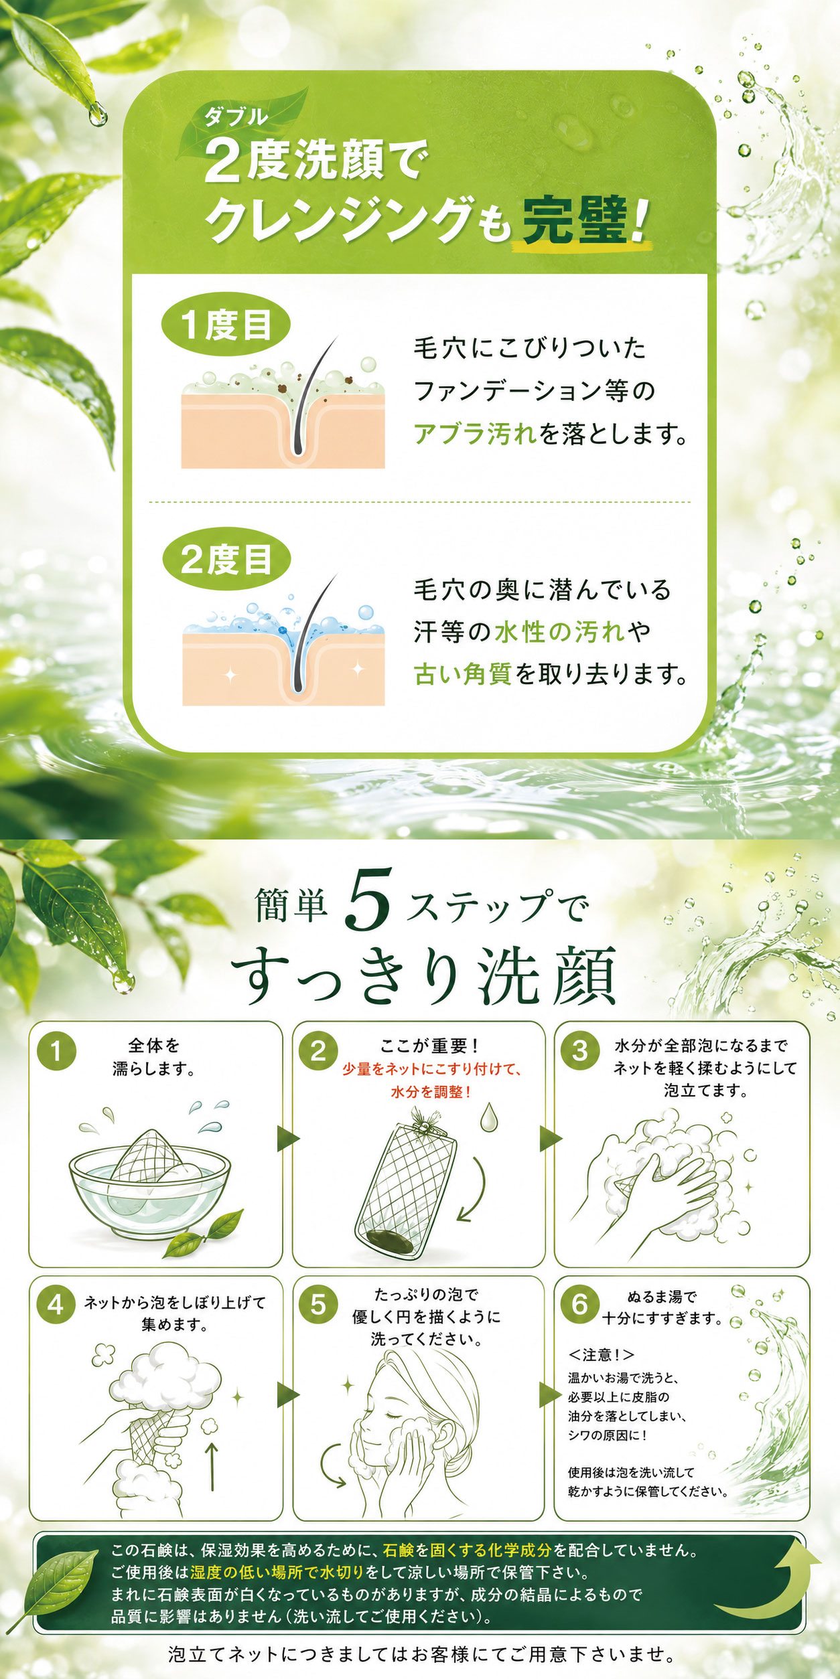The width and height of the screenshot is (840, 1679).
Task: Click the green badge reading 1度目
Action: point(226,325)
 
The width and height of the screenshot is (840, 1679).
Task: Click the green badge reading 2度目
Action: point(226,559)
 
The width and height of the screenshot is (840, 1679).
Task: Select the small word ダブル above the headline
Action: point(236,118)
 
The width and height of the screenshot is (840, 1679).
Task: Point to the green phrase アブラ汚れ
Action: point(475,434)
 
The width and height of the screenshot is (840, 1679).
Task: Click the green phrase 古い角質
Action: point(463,673)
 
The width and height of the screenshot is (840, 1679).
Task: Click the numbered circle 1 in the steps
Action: point(56,1050)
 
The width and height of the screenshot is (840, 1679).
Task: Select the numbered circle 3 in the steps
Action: point(580,1050)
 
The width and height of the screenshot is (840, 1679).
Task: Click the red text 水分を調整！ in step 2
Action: point(431,1092)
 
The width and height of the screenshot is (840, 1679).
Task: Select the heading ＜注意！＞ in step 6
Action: point(601,1355)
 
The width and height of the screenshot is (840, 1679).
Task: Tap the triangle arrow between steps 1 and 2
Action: point(288,1139)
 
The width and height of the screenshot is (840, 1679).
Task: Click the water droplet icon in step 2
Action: point(488,1117)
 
